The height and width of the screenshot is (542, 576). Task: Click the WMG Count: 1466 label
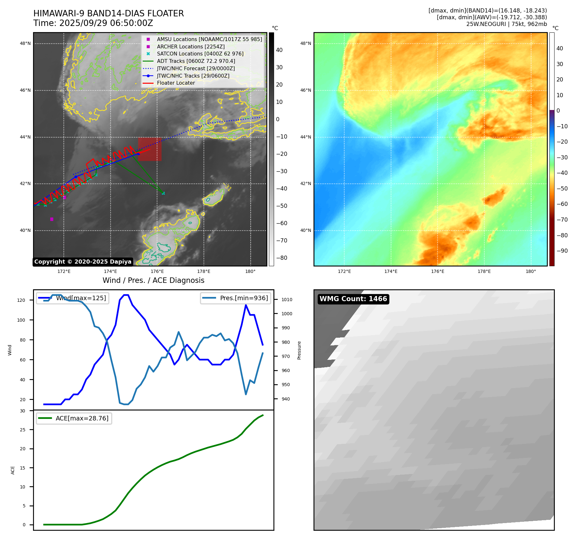click(353, 299)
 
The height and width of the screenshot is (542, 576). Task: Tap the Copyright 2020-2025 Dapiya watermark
click(83, 262)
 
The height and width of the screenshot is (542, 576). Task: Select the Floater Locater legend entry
click(176, 83)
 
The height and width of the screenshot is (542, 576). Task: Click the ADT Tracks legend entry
click(196, 61)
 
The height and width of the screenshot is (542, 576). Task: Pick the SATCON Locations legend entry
click(200, 54)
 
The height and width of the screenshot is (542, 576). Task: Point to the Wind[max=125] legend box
click(73, 298)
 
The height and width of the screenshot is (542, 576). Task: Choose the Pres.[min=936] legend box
click(236, 298)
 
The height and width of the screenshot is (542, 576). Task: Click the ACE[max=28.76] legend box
click(74, 418)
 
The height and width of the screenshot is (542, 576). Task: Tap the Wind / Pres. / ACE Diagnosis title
click(153, 280)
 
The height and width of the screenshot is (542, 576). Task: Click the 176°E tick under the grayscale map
click(157, 271)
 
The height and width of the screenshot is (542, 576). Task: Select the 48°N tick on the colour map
click(305, 44)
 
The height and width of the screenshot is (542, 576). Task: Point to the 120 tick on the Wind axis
click(21, 300)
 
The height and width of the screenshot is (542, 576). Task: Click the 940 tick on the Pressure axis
click(286, 399)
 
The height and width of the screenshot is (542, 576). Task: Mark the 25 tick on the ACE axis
click(22, 430)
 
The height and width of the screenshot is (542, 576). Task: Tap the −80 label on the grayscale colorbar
click(282, 258)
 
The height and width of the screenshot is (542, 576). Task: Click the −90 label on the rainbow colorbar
click(562, 251)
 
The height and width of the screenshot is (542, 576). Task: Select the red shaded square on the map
click(150, 149)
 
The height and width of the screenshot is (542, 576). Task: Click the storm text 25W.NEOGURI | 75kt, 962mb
click(506, 24)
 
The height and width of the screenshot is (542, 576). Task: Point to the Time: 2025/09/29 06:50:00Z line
click(93, 23)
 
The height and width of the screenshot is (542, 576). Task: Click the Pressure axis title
click(299, 350)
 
